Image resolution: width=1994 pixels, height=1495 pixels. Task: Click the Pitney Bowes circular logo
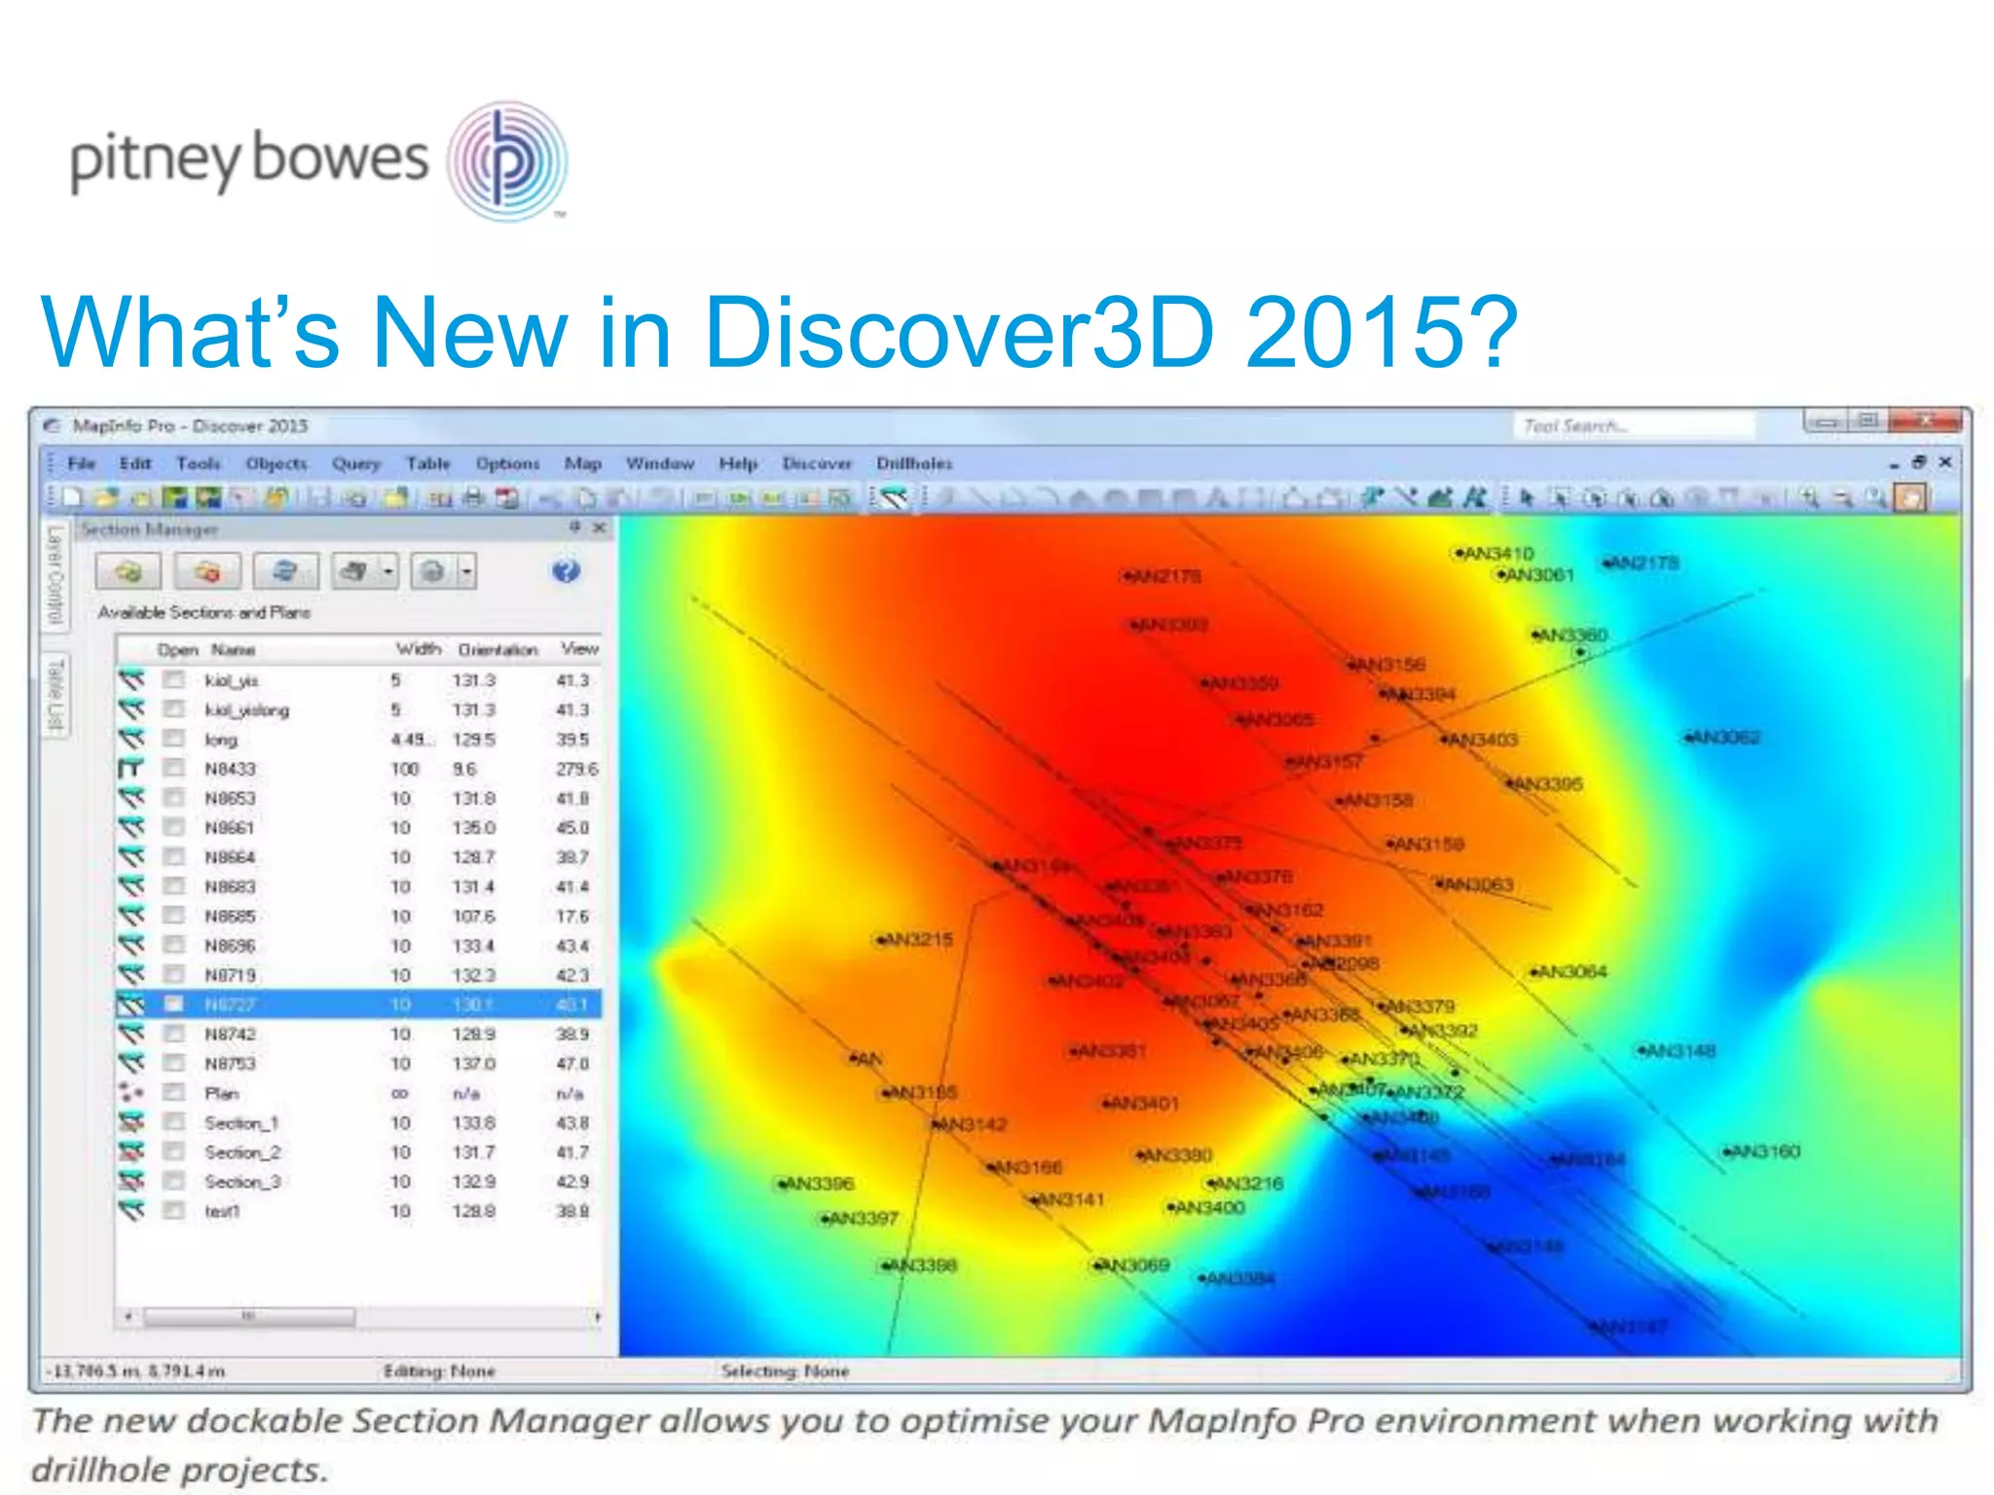pos(506,162)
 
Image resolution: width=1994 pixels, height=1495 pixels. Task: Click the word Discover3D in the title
pos(958,333)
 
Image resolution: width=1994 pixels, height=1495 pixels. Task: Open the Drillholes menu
pos(913,464)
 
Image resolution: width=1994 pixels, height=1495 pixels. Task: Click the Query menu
pos(355,464)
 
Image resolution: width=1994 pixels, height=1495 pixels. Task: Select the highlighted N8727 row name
pos(230,1004)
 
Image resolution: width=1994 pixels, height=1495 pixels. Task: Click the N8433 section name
pos(230,769)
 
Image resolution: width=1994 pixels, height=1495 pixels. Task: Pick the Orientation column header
pos(498,649)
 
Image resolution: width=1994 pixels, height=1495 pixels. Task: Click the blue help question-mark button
pos(566,571)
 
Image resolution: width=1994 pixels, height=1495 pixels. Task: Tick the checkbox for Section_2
pos(174,1151)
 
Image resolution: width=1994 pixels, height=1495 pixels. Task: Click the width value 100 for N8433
pos(404,769)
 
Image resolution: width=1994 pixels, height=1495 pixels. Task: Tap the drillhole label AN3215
pos(917,940)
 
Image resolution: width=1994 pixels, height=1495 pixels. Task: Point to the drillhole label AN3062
pos(1726,738)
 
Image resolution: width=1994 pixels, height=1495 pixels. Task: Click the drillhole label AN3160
pos(1765,1151)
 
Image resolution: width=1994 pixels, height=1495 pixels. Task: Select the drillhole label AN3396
pos(818,1184)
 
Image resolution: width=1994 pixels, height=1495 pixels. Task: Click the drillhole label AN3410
pos(1497,554)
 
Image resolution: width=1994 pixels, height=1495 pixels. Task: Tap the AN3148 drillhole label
pos(1680,1051)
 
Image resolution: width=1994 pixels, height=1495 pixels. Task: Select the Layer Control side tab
pos(55,574)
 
